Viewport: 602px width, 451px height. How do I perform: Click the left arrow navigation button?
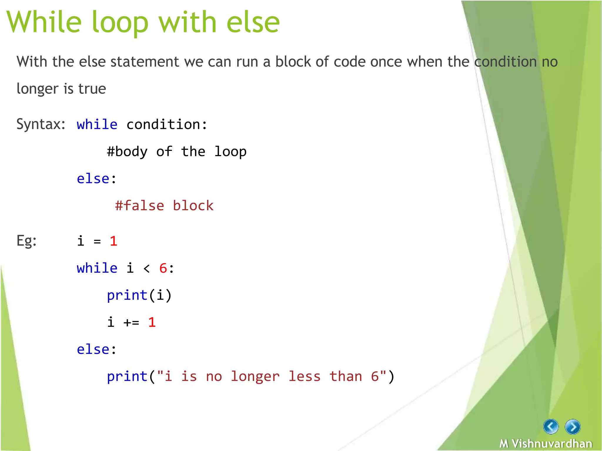point(551,426)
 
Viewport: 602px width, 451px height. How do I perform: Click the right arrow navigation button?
point(572,427)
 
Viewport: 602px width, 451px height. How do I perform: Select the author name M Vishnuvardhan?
point(546,443)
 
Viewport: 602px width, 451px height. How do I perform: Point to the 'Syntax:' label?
point(41,124)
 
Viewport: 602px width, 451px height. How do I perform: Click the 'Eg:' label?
point(26,241)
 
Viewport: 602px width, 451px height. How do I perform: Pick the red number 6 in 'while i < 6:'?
point(163,268)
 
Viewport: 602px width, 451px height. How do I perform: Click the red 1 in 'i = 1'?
point(113,241)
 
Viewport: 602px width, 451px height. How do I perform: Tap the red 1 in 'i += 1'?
point(152,322)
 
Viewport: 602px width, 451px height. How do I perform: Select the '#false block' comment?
point(164,206)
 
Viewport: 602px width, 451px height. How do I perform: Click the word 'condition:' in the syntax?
point(167,124)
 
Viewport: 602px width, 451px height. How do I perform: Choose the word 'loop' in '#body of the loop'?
point(230,152)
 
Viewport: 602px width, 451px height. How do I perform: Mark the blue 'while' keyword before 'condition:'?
point(97,124)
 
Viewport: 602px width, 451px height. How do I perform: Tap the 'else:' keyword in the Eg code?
point(96,349)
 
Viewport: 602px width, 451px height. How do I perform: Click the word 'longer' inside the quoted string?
point(255,377)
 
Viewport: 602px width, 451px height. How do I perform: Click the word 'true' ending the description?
point(92,89)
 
